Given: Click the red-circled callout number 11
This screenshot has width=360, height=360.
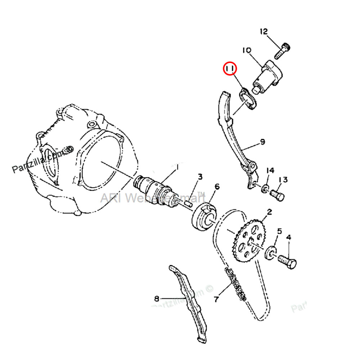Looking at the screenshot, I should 230,68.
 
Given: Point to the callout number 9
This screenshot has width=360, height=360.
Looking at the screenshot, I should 262,142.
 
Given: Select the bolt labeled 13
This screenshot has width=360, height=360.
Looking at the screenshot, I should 278,195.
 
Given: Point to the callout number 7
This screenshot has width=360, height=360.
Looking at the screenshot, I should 216,299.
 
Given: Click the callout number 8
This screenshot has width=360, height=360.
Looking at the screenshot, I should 157,298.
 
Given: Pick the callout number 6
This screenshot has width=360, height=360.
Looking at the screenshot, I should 217,186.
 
